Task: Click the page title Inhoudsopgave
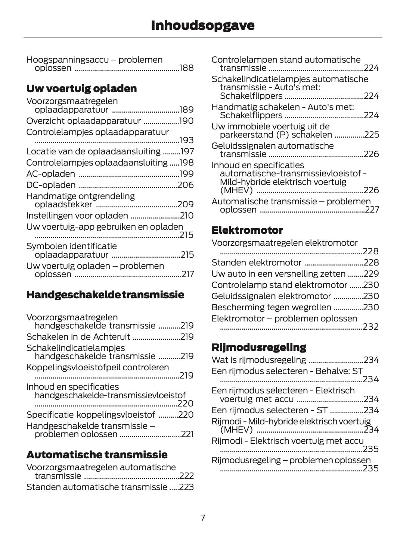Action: (202, 25)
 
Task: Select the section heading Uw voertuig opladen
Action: (81, 89)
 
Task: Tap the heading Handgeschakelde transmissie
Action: (105, 295)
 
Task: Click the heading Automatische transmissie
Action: (97, 455)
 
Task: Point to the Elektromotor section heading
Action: (247, 230)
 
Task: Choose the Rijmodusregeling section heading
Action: (258, 347)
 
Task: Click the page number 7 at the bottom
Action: (203, 518)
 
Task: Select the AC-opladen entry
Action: (50, 174)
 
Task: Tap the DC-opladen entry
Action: (51, 185)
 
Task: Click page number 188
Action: (186, 68)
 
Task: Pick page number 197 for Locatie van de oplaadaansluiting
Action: (187, 151)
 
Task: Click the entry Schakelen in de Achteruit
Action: (78, 337)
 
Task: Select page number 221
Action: (187, 434)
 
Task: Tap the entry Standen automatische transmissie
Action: (96, 487)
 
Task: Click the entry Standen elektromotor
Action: (256, 263)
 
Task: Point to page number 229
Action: (371, 274)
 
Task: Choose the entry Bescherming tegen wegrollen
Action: (271, 307)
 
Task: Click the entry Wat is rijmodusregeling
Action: (258, 360)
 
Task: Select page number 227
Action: (372, 210)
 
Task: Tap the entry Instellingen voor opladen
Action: (77, 216)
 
